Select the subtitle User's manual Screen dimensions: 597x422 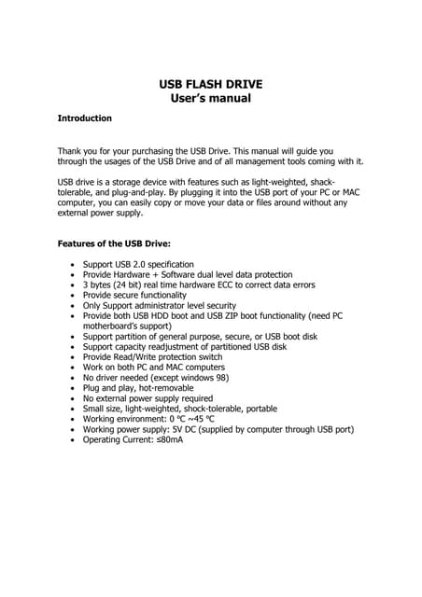(x=211, y=99)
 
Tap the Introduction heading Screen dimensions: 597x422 (x=85, y=118)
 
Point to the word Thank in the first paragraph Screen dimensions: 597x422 (x=71, y=149)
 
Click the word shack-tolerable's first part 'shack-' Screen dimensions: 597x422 (x=320, y=181)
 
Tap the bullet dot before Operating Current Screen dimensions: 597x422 (x=74, y=439)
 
